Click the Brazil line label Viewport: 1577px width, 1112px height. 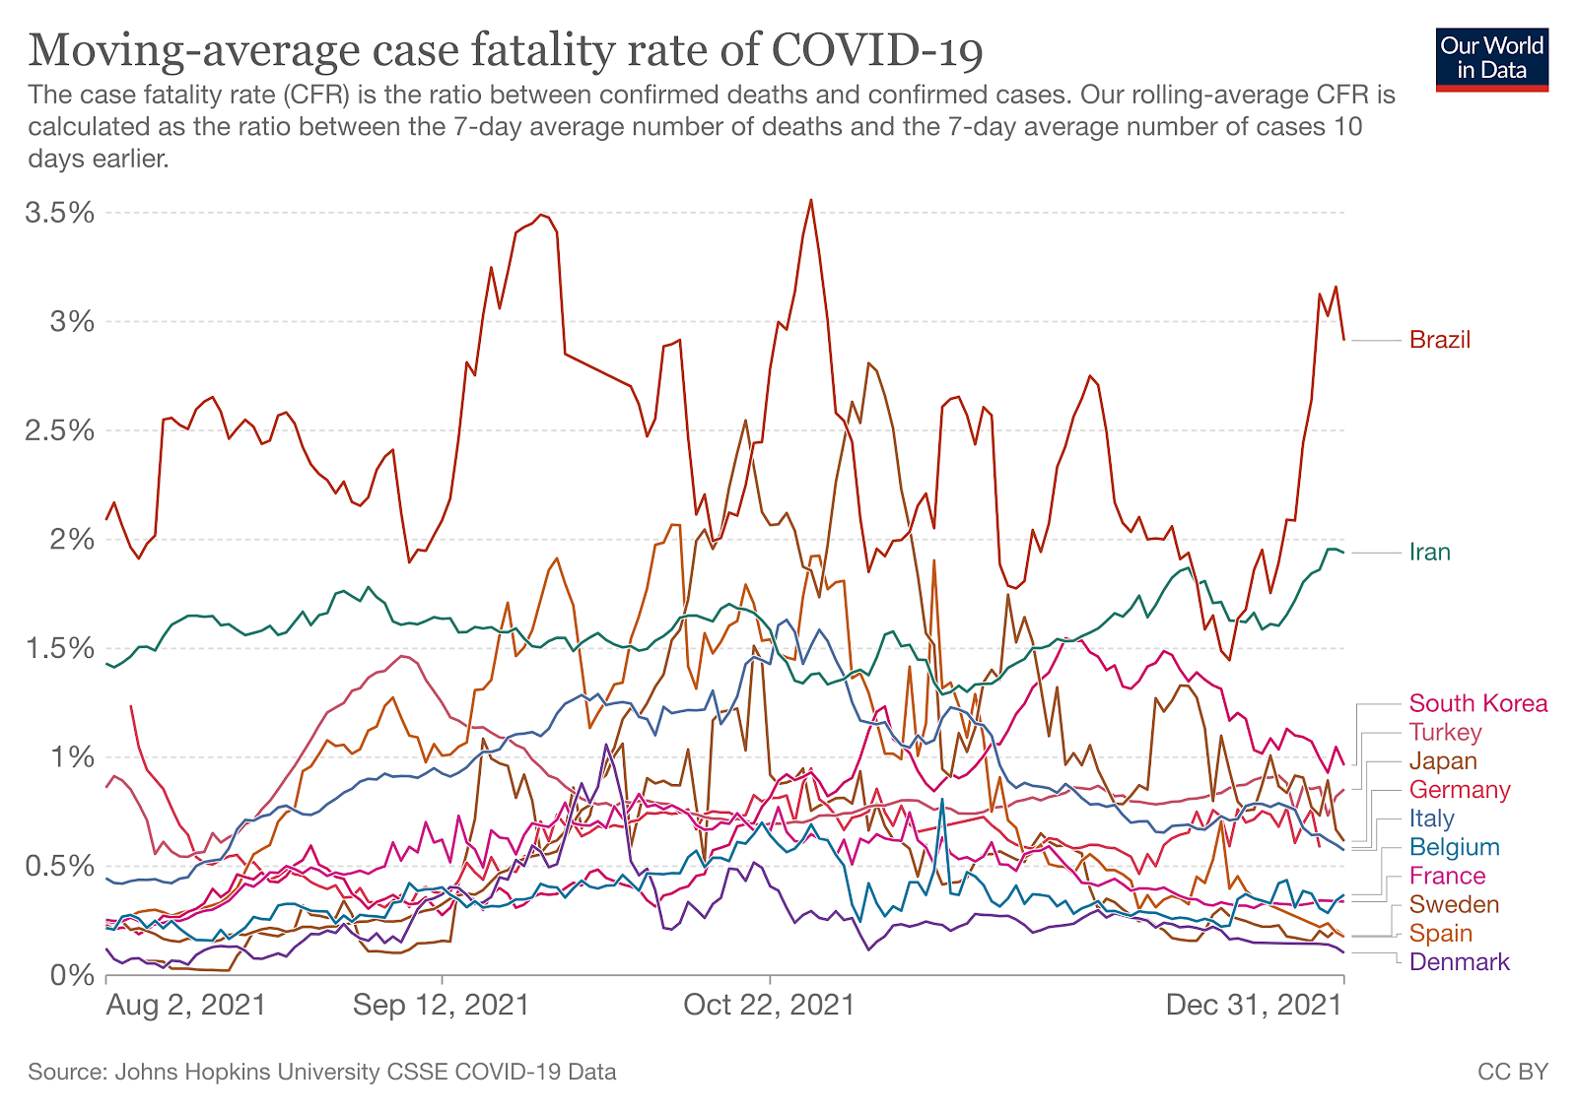[x=1439, y=340]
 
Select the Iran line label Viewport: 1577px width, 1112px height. [x=1429, y=552]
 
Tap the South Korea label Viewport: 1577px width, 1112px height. [x=1477, y=703]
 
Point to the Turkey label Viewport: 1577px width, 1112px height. [x=1445, y=732]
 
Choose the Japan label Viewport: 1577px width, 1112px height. [x=1443, y=760]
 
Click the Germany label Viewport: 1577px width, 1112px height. [x=1459, y=789]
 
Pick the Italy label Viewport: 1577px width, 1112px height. [x=1431, y=818]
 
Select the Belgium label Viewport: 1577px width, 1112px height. [x=1454, y=847]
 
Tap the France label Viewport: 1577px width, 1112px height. [x=1446, y=876]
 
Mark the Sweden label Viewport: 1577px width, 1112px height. [x=1454, y=904]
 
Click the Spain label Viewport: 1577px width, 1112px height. [x=1440, y=933]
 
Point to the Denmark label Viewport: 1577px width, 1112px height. [x=1459, y=962]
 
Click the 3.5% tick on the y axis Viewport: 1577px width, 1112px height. [x=62, y=213]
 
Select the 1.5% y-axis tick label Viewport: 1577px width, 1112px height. [x=62, y=648]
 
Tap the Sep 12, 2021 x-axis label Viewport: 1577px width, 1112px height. [x=441, y=1005]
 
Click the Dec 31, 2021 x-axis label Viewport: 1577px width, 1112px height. [x=1254, y=1005]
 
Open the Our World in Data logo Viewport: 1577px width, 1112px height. [x=1491, y=58]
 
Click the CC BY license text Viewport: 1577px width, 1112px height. [x=1512, y=1072]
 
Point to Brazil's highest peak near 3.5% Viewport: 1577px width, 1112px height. [x=810, y=200]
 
